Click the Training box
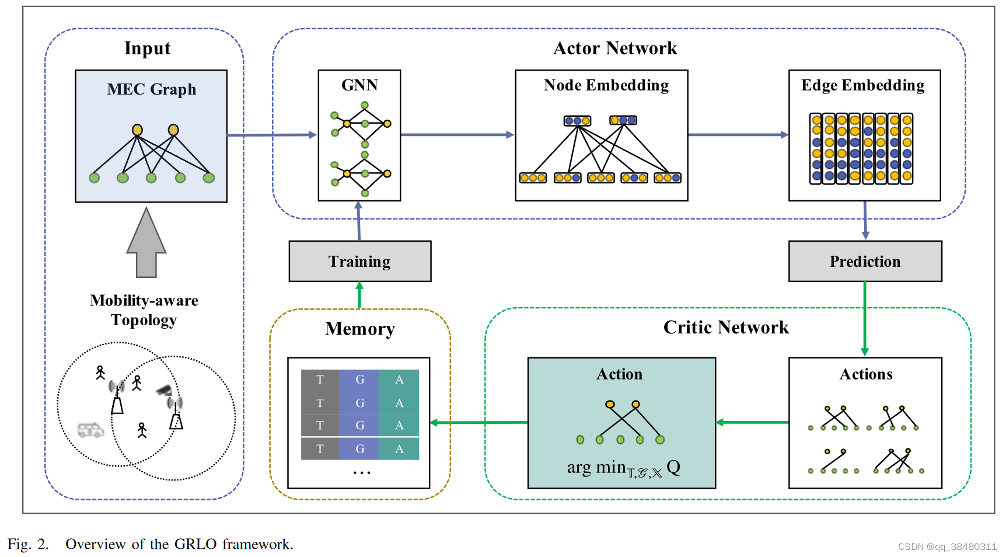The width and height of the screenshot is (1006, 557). [360, 261]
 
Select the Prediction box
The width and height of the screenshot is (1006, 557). [865, 261]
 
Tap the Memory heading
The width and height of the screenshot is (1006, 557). [360, 329]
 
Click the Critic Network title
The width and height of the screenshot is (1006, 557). [726, 328]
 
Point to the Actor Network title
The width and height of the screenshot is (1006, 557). [615, 48]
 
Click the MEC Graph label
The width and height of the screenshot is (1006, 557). [152, 89]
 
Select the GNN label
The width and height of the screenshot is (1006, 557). [359, 85]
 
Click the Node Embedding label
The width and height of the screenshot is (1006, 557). [606, 85]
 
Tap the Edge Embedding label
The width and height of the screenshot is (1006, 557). [862, 85]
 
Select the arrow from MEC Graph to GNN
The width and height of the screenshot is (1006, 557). [271, 135]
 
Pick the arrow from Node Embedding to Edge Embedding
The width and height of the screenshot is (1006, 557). [738, 135]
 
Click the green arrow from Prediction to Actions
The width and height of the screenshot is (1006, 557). [865, 318]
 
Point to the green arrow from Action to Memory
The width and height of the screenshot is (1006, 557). [478, 422]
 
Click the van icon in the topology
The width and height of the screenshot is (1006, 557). [90, 430]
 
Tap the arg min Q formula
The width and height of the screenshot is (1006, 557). [623, 468]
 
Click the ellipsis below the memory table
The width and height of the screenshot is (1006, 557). [361, 472]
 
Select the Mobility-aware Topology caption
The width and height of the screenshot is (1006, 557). [144, 310]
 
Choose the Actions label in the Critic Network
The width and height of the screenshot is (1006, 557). [866, 374]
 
